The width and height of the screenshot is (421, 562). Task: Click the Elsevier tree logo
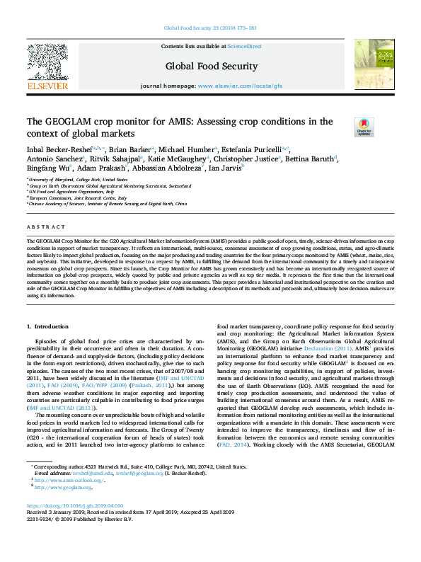point(47,67)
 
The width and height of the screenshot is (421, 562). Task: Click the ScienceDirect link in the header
point(245,46)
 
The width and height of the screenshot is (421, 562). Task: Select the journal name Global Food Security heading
point(211,67)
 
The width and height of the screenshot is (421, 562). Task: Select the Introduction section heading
point(52,326)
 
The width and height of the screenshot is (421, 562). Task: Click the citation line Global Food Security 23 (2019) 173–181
point(210,28)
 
